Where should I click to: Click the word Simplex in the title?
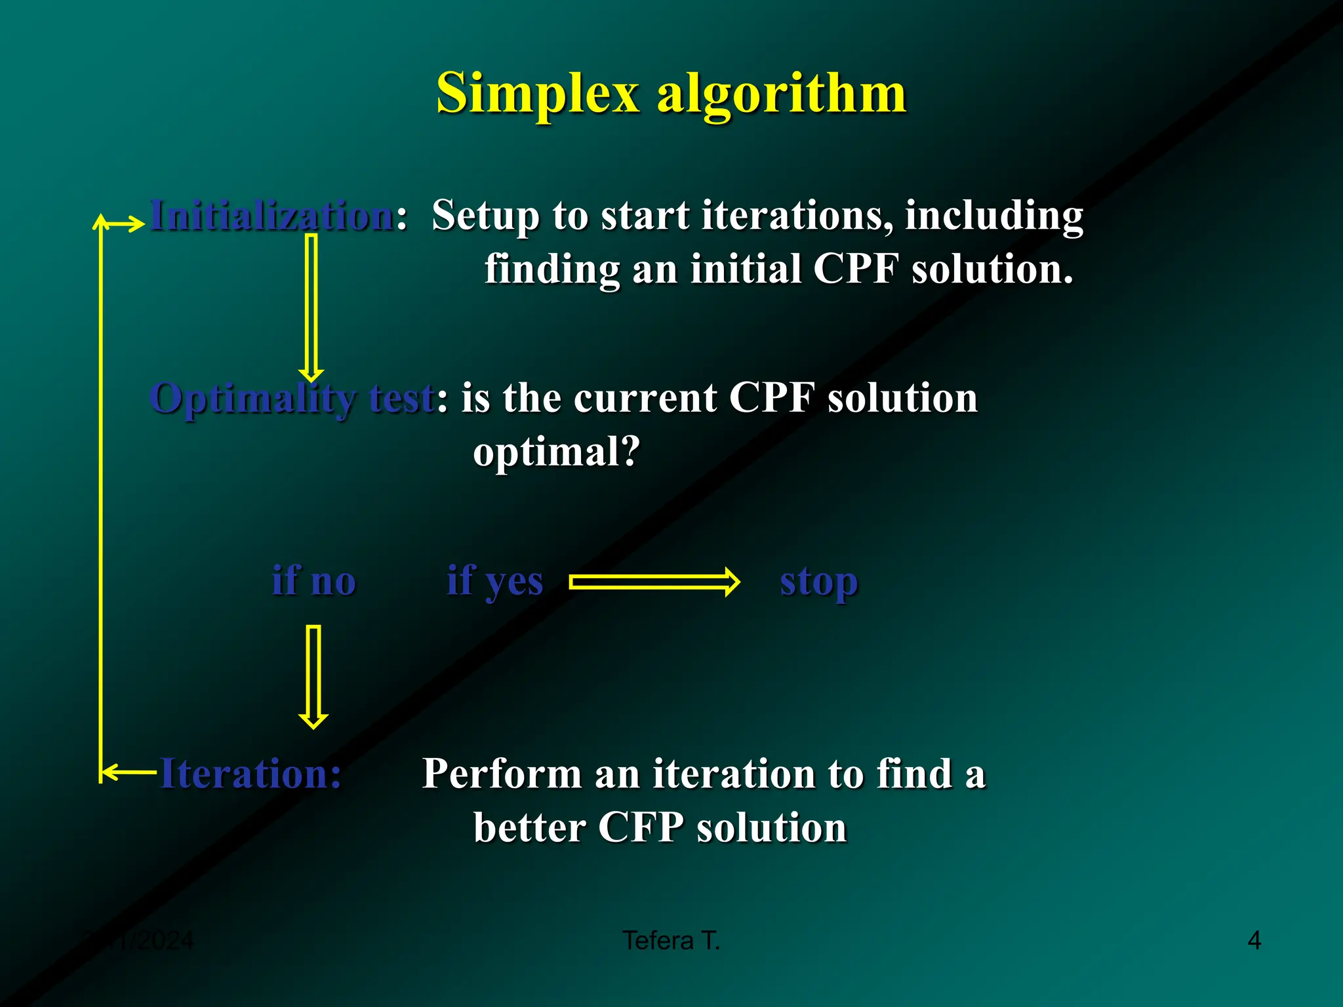point(537,94)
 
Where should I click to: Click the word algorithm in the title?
point(782,94)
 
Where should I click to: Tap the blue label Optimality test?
point(292,398)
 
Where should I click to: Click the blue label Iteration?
point(251,774)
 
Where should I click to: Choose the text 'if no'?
point(313,581)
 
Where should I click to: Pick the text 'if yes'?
point(494,581)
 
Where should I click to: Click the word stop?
point(818,582)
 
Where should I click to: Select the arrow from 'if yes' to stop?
point(654,582)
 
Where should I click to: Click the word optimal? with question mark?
point(556,452)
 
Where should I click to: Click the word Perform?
point(502,774)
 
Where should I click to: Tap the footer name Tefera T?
point(671,941)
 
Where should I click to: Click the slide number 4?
point(1254,941)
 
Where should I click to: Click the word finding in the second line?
point(551,269)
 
